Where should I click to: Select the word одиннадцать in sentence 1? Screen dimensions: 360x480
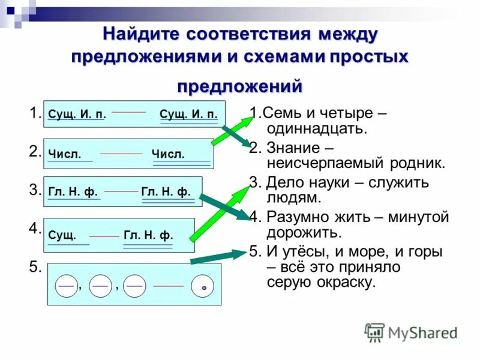coord(312,128)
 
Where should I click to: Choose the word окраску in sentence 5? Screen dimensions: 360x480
coord(345,283)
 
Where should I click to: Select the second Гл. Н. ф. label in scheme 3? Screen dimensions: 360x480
coord(166,192)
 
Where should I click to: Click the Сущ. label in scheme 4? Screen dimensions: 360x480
coord(62,235)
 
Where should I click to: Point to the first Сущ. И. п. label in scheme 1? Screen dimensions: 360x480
coord(77,114)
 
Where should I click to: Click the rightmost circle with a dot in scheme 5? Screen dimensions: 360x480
coord(203,287)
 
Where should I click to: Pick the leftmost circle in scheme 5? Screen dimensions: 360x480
coord(67,286)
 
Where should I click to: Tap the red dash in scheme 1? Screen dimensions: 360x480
coord(129,112)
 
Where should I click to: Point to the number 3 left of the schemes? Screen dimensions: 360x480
coord(35,190)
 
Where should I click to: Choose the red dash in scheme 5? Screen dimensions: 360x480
coord(169,286)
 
